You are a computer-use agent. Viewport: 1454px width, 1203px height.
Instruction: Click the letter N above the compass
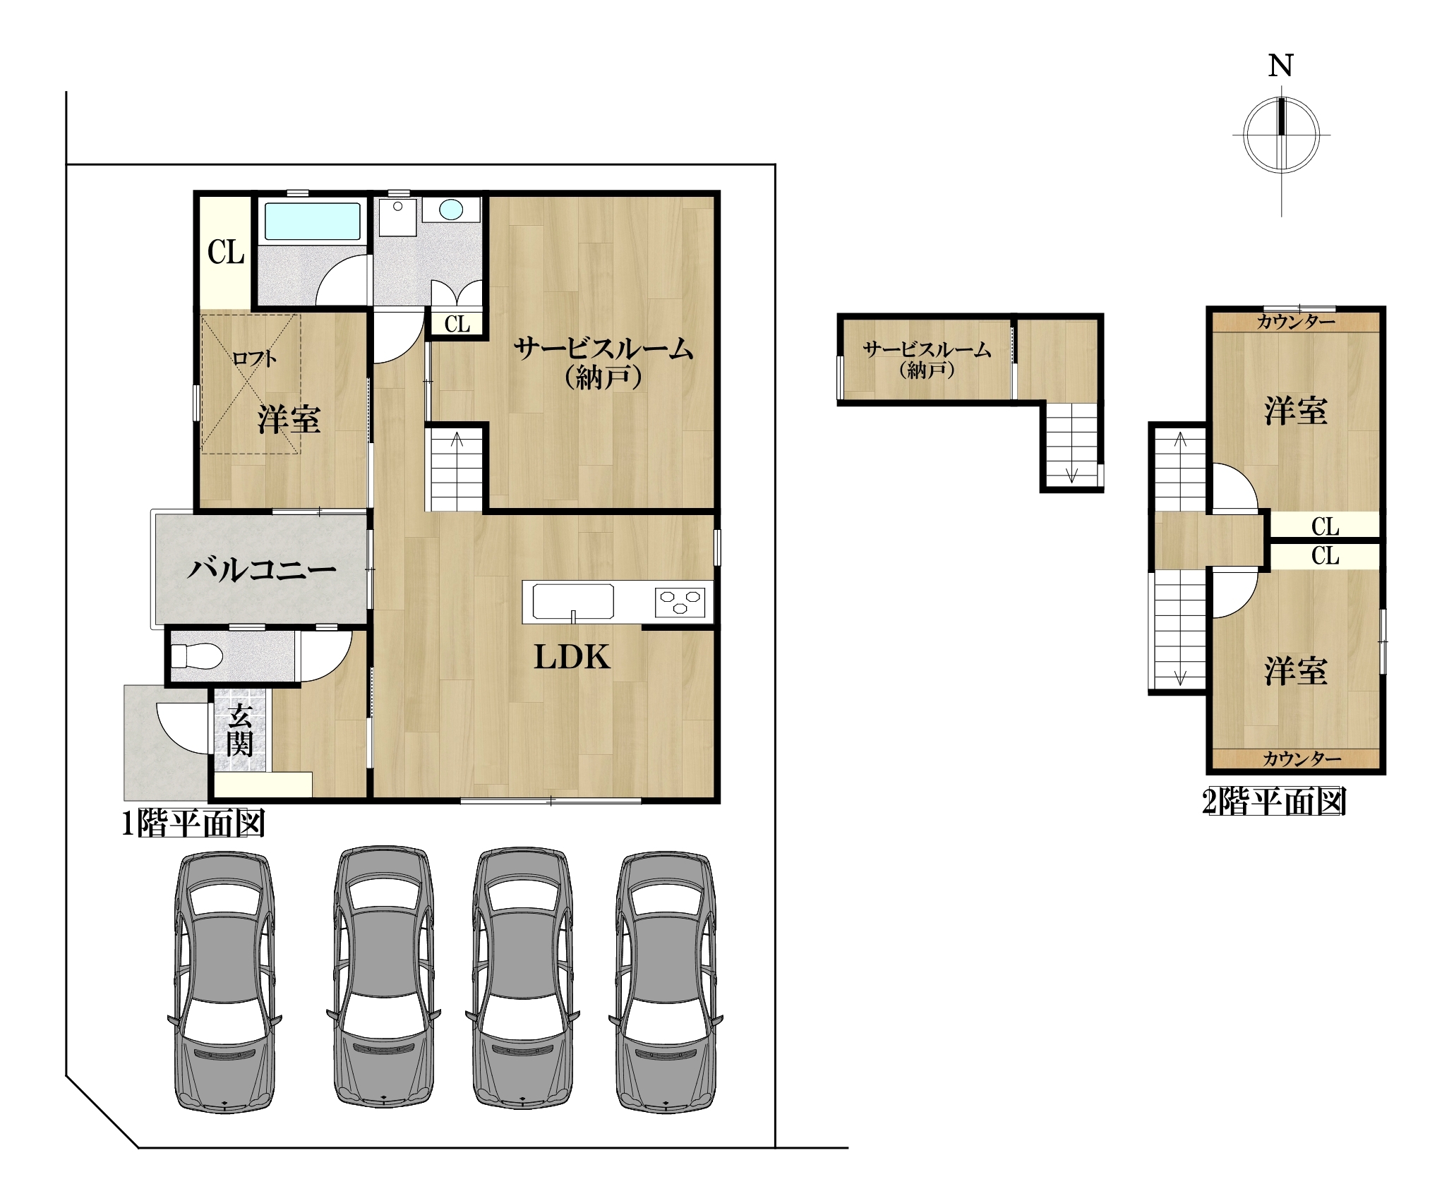(1280, 66)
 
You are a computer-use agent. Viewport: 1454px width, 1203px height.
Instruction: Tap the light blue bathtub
(312, 222)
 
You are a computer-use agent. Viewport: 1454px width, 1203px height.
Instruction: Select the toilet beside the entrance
(197, 656)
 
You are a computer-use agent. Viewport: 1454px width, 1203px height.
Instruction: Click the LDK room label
(572, 657)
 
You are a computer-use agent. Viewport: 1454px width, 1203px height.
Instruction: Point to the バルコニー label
(261, 569)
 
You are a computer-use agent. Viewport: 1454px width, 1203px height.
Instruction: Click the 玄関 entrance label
(240, 730)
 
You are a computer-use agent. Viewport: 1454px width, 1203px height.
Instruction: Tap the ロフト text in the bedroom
(255, 358)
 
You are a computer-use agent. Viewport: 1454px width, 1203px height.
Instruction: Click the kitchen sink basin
(573, 602)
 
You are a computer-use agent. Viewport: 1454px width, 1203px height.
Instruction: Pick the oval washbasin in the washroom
(451, 210)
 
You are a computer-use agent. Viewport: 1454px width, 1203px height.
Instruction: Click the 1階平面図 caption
(193, 823)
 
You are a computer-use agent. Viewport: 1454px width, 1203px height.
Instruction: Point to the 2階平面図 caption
(1274, 802)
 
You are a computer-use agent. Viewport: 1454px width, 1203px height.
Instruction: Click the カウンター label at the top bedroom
(1296, 322)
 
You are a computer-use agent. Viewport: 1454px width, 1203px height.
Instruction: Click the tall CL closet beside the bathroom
(226, 252)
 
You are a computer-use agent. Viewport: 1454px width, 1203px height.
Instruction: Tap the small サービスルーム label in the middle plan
(927, 359)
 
